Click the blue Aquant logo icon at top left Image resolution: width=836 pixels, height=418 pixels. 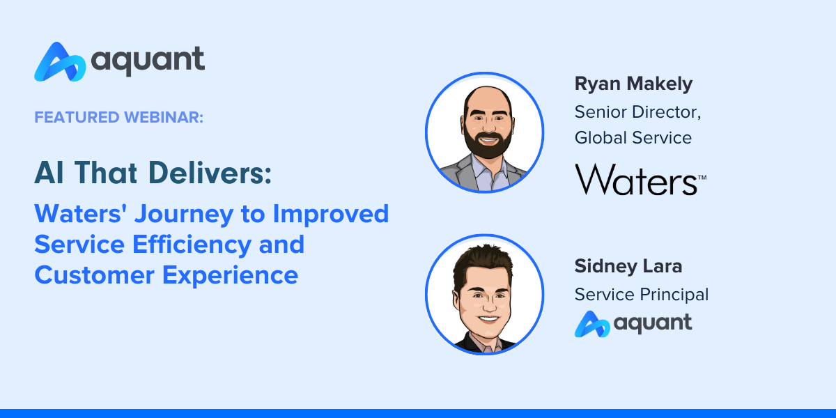click(x=60, y=62)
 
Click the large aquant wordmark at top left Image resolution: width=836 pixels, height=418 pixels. click(x=148, y=61)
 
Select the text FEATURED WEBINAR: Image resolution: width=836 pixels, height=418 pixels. click(x=118, y=117)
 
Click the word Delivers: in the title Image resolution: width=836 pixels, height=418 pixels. click(x=210, y=173)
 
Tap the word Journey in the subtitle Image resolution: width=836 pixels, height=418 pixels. click(x=184, y=215)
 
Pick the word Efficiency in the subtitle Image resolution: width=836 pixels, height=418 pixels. click(x=192, y=245)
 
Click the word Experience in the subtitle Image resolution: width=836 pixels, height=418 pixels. click(x=230, y=276)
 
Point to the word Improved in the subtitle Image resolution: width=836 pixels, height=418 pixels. click(x=331, y=215)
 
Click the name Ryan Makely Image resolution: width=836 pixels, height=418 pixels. click(x=633, y=84)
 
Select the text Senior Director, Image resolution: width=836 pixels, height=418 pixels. click(x=638, y=112)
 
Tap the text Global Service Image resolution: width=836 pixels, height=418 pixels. click(x=633, y=138)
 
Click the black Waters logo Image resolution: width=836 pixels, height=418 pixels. click(x=640, y=180)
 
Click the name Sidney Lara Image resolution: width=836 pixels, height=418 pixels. click(x=628, y=266)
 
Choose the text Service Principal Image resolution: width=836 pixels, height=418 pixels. click(x=641, y=295)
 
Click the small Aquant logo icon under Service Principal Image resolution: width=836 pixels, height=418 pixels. click(x=592, y=324)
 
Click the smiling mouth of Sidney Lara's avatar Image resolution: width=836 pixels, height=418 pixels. click(x=488, y=320)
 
